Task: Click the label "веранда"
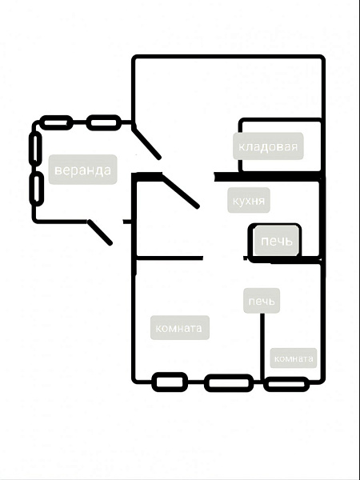[x=82, y=170]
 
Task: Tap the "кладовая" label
[x=268, y=146]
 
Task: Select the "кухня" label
[x=249, y=201]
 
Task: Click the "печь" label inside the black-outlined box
[x=277, y=241]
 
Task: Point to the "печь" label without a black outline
[x=262, y=301]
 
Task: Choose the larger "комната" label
[x=179, y=328]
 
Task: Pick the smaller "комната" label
[x=294, y=358]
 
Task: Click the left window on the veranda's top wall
[x=56, y=122]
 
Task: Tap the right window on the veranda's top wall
[x=104, y=122]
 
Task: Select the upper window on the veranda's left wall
[x=35, y=149]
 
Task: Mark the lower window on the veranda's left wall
[x=37, y=189]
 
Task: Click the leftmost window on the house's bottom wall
[x=170, y=382]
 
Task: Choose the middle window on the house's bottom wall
[x=229, y=382]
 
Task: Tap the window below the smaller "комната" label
[x=286, y=384]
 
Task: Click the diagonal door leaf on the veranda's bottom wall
[x=100, y=233]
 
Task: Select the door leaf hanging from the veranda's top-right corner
[x=146, y=143]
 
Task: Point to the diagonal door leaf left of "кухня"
[x=181, y=191]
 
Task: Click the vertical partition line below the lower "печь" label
[x=262, y=347]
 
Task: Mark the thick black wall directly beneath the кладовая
[x=267, y=177]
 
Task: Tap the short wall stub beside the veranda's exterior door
[x=127, y=222]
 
